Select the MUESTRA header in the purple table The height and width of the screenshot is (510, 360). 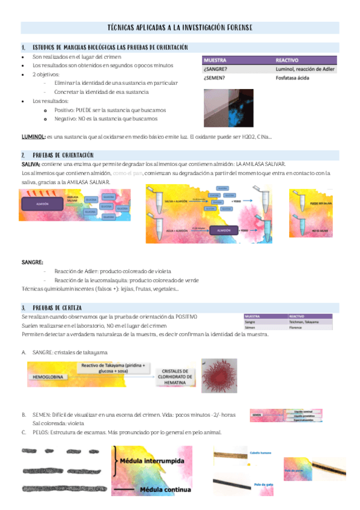[x=215, y=60]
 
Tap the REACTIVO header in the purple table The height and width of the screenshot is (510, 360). [x=288, y=60]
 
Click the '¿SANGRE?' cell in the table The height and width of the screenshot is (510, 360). [x=216, y=69]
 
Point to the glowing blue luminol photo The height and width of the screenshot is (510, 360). [x=228, y=107]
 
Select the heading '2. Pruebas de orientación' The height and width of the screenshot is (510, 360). [x=60, y=155]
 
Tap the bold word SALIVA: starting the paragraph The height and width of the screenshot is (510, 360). [x=31, y=164]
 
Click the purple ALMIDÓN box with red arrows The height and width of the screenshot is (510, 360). [x=42, y=204]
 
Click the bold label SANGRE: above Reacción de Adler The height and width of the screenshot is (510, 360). [x=32, y=262]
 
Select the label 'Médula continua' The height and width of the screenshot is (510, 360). [x=161, y=490]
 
